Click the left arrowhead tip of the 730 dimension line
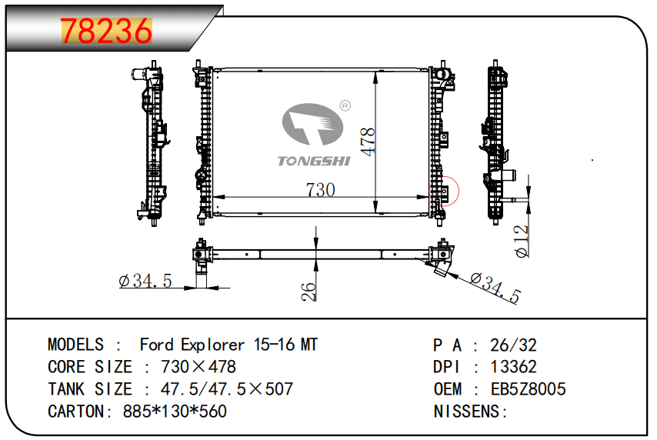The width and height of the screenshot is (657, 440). coord(214,197)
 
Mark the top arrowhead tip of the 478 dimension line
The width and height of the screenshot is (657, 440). coord(375,72)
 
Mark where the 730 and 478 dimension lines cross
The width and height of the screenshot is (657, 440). coord(375,197)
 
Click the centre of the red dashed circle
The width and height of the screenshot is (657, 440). coord(444,192)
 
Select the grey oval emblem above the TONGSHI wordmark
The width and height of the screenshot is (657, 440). coord(312,124)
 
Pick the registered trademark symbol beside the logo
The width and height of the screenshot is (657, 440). coord(345,105)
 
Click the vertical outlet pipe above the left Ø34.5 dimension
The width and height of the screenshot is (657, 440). coord(202,275)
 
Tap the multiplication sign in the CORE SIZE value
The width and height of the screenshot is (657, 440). coord(199,367)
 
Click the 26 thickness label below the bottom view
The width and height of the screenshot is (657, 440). coord(308,292)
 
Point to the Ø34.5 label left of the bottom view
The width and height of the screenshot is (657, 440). coord(145,280)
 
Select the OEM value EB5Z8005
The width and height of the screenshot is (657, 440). coord(528,389)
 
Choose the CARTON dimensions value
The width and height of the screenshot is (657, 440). coord(175,412)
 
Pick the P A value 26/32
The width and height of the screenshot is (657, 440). coord(513,345)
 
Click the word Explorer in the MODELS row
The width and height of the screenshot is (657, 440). coord(213,345)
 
